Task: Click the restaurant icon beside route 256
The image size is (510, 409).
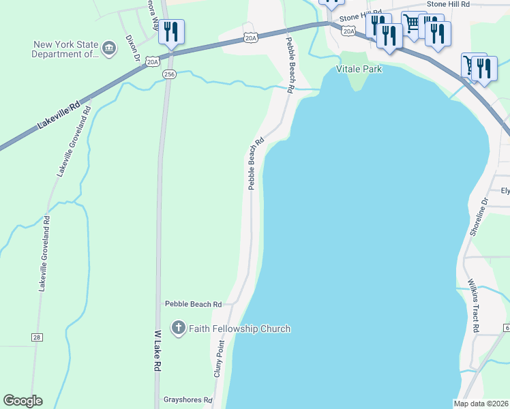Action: click(171, 32)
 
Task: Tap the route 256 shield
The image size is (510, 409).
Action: click(170, 74)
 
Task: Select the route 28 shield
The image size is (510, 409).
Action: click(36, 337)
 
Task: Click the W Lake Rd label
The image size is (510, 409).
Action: click(156, 351)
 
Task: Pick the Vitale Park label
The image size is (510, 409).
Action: click(359, 69)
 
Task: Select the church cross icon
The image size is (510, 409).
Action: click(178, 329)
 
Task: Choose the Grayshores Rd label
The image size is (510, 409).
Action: click(187, 399)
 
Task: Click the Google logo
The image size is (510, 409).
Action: click(22, 401)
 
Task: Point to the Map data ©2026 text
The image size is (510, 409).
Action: click(481, 404)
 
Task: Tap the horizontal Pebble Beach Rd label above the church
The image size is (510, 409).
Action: click(193, 303)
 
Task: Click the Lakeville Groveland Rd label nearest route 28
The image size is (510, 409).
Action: click(44, 254)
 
